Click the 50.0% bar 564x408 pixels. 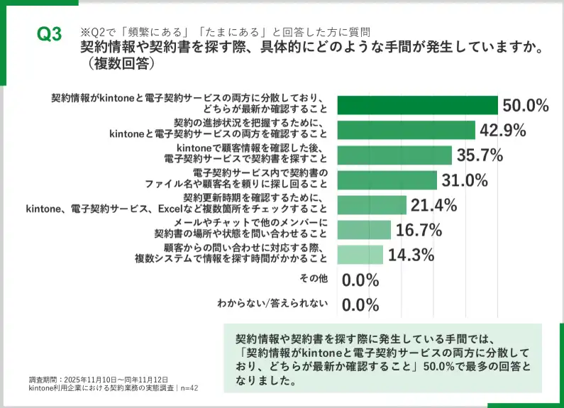(417, 105)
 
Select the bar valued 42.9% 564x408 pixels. (406, 130)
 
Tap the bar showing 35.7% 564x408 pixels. (394, 155)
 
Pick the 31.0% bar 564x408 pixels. (387, 180)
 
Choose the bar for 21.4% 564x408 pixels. (372, 205)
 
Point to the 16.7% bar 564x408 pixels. (364, 230)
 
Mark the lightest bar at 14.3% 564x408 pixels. (360, 255)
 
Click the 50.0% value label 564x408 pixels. (526, 106)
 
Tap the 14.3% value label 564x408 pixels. (411, 255)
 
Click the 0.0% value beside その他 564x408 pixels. (361, 280)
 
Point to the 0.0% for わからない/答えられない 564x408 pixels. (361, 305)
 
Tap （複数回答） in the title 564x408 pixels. (117, 62)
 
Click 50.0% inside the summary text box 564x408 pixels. (442, 366)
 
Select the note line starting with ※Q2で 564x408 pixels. (223, 32)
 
